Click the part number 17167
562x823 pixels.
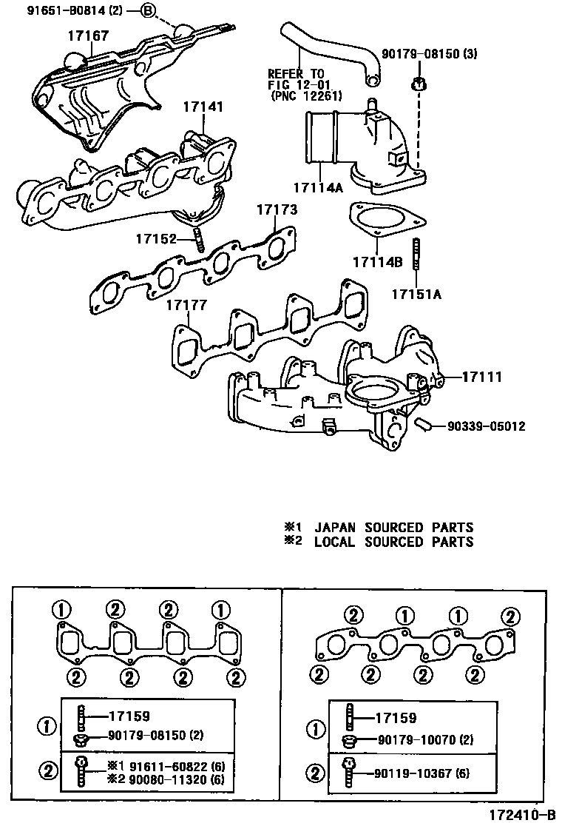click(88, 35)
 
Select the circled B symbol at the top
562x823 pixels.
click(149, 11)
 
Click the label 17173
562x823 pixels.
click(277, 210)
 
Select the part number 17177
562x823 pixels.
click(186, 305)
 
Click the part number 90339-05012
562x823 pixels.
click(486, 426)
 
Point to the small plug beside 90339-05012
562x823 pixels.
click(424, 424)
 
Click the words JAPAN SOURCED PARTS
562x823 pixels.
click(393, 528)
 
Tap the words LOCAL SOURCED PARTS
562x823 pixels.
click(393, 542)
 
